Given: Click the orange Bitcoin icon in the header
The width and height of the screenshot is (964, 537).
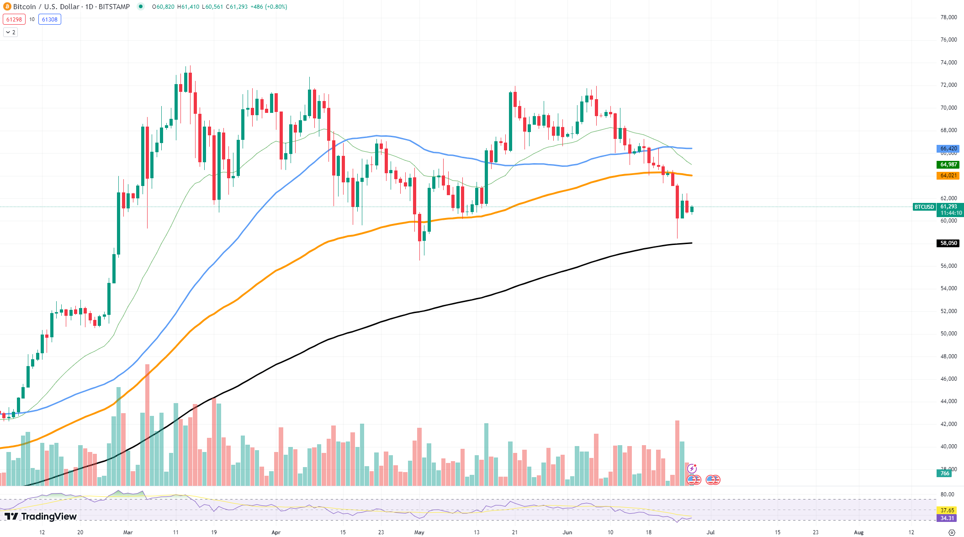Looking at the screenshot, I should click(7, 7).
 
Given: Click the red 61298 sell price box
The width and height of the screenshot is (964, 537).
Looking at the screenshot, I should click(14, 19).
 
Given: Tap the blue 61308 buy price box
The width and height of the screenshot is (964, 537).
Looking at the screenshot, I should click(50, 19).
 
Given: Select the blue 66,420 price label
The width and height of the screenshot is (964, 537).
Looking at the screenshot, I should click(948, 149).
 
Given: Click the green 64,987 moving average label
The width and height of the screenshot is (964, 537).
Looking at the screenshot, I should click(948, 165).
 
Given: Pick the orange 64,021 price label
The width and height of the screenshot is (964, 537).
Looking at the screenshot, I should click(948, 175).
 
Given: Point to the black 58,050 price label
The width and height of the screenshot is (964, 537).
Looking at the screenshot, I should click(948, 243).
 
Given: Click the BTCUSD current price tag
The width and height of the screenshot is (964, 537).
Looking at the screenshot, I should click(924, 207).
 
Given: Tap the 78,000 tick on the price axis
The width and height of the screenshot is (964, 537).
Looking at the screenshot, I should click(948, 17).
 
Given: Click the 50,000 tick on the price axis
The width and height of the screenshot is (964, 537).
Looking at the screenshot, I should click(948, 334).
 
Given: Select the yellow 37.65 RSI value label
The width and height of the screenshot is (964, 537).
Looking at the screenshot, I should click(948, 510).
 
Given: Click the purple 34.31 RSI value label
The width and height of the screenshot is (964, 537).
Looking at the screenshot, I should click(948, 518).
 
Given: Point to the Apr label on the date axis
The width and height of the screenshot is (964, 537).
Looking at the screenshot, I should click(276, 532).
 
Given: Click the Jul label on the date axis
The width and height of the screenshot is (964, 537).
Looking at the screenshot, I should click(710, 532).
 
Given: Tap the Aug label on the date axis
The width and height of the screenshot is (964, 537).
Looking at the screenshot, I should click(858, 532).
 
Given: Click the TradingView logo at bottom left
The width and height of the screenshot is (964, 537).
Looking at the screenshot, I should click(41, 516).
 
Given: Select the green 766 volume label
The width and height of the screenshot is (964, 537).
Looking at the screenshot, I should click(945, 473).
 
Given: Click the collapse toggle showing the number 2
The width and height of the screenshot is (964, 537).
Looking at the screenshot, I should click(11, 32).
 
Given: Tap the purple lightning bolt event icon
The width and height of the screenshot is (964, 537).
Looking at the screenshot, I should click(692, 468).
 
